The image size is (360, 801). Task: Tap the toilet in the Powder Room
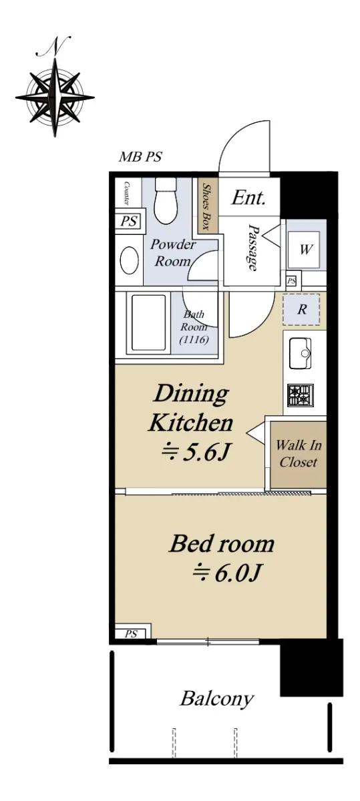[x=166, y=201]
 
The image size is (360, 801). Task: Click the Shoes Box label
[x=206, y=206]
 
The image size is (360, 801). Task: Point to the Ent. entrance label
[x=248, y=198]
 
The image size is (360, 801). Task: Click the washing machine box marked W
[x=305, y=249]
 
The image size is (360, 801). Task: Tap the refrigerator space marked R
[x=301, y=310]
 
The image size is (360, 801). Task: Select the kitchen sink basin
[x=300, y=353]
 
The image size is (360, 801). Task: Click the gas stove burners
[x=301, y=395]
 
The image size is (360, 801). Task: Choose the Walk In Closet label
[x=299, y=453]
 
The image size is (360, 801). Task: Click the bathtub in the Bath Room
[x=148, y=322]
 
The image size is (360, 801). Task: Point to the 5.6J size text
[x=195, y=453]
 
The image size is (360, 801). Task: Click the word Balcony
[x=217, y=698]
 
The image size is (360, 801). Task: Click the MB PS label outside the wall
[x=140, y=157]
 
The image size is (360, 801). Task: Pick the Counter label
[x=126, y=193]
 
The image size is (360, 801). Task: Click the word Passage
[x=253, y=248]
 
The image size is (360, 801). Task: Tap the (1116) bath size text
[x=194, y=339]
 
